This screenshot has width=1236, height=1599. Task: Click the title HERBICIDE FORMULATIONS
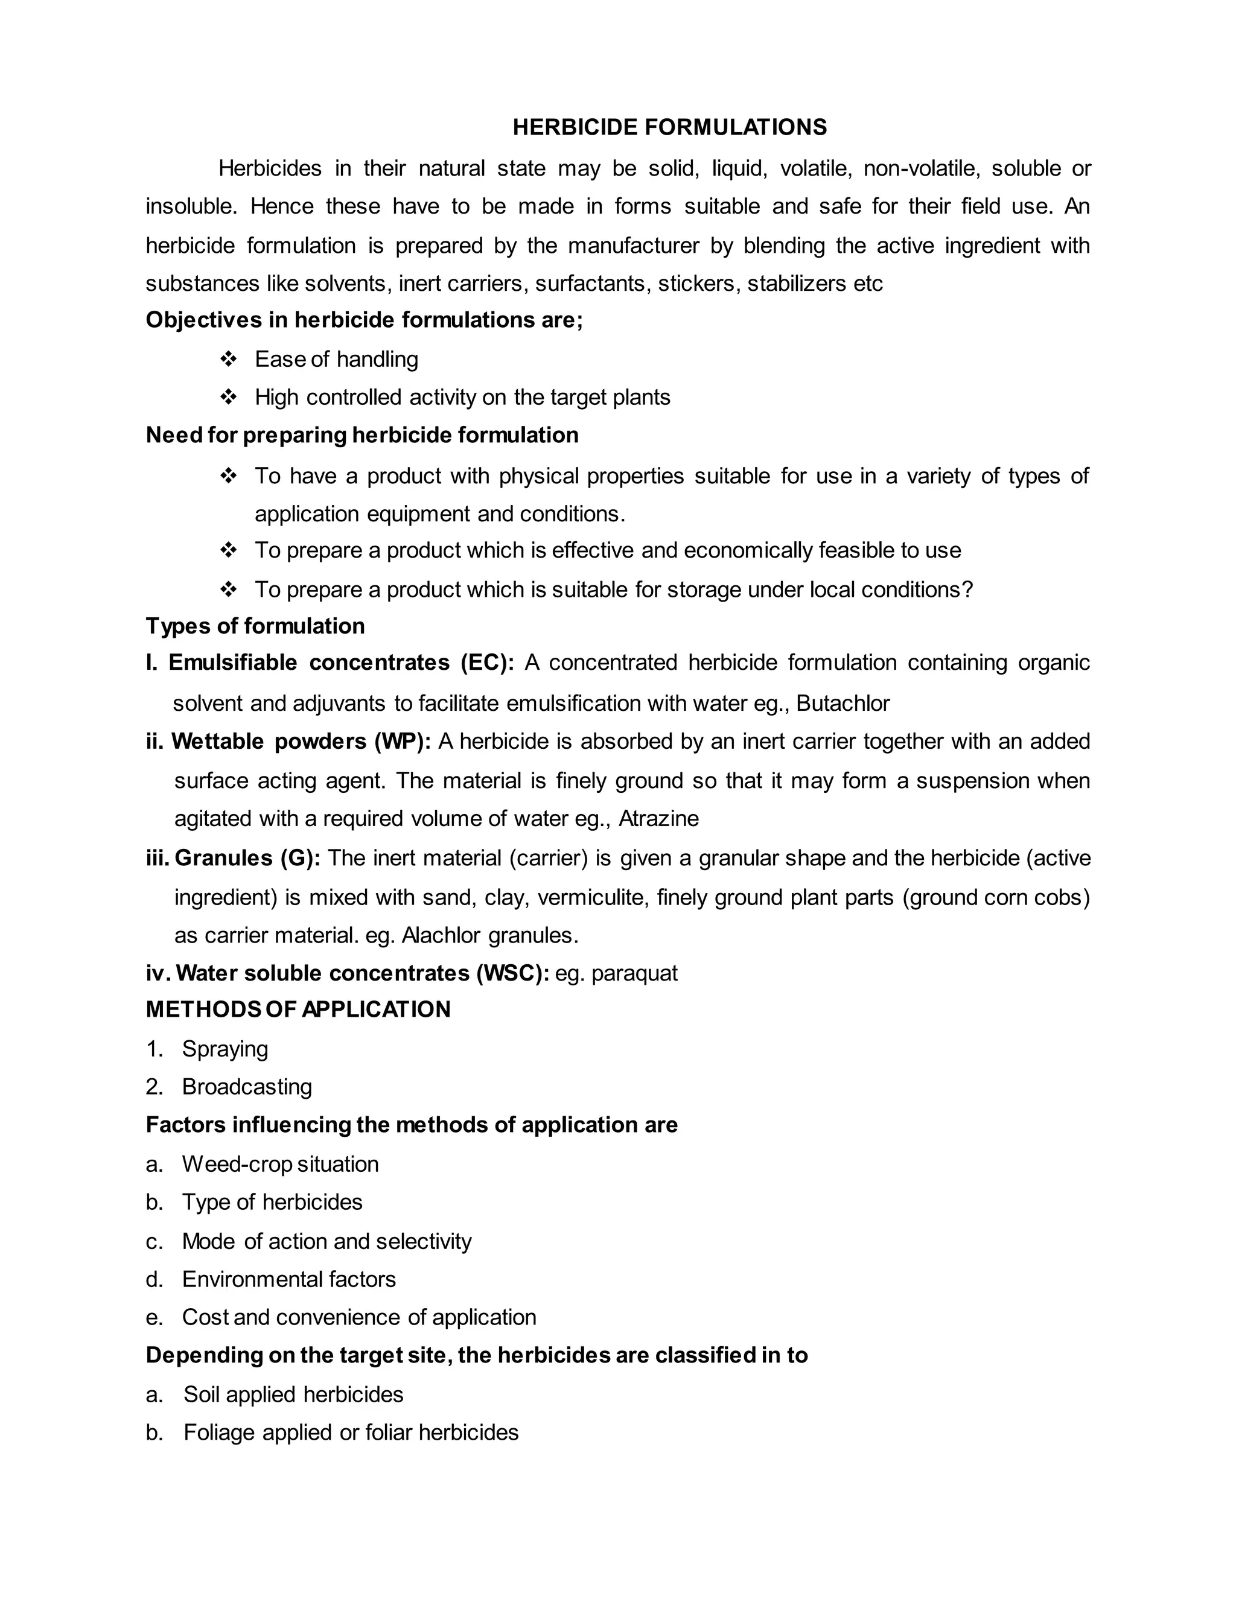click(669, 127)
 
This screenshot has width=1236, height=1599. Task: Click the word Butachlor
click(843, 704)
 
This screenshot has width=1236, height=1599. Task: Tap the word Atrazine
click(658, 819)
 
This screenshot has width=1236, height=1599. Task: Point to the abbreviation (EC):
click(487, 663)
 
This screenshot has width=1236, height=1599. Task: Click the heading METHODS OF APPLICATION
click(298, 1009)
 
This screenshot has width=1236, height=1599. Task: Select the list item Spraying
click(225, 1049)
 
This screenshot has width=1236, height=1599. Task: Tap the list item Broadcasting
click(247, 1087)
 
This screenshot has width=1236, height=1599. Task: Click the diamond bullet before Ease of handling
click(229, 359)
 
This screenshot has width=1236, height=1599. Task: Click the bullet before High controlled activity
click(229, 397)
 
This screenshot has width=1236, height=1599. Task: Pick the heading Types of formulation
click(255, 626)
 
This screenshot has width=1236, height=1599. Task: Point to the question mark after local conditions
click(967, 590)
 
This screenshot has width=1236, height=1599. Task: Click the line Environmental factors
click(288, 1279)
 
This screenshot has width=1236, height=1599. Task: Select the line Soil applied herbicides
click(293, 1394)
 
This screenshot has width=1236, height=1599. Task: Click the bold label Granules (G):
click(247, 858)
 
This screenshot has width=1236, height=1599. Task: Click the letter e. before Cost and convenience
click(153, 1318)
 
